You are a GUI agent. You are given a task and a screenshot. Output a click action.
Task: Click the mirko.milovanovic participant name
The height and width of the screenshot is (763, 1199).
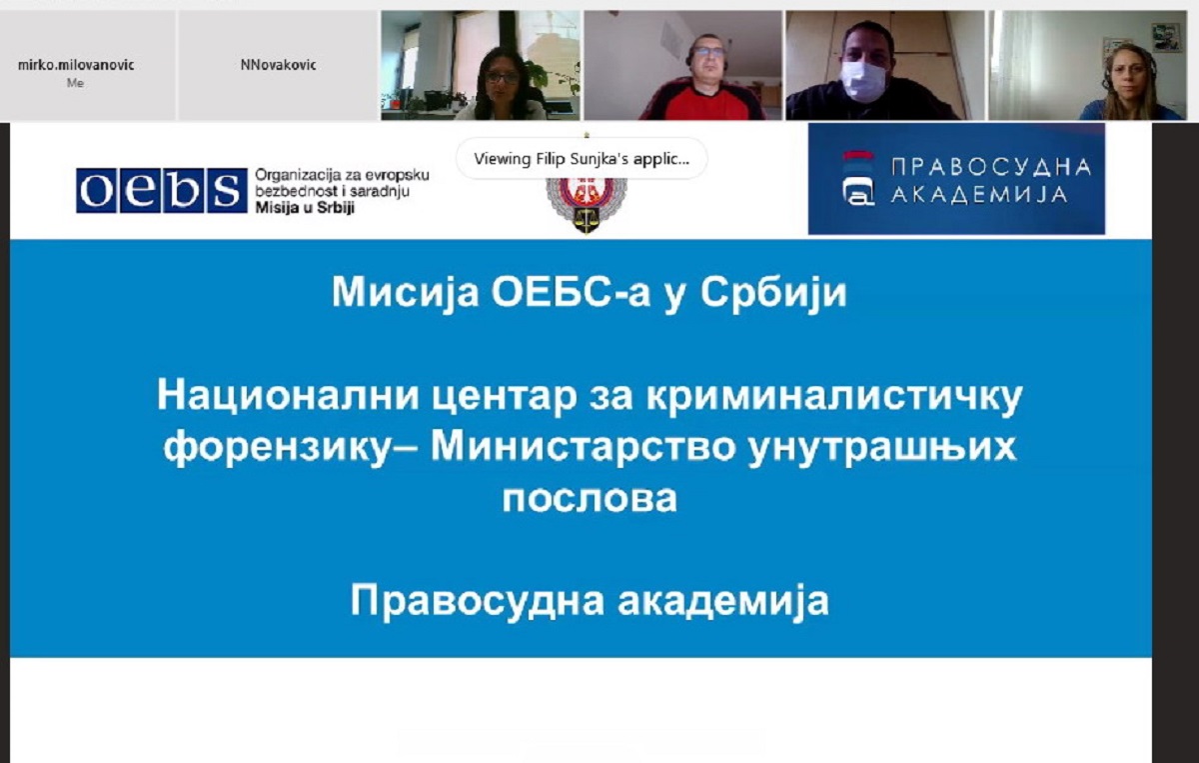[76, 65]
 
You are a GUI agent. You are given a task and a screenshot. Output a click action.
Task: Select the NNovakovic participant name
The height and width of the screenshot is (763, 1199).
[279, 65]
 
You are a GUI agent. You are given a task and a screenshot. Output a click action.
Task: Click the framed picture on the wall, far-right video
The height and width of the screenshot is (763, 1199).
[1166, 38]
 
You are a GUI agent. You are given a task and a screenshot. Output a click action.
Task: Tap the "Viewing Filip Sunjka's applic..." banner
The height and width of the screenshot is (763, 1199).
[582, 159]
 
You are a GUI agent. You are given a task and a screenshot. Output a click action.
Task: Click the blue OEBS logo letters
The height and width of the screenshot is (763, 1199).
[162, 191]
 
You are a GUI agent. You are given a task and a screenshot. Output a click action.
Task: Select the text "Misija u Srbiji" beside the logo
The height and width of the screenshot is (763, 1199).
[305, 208]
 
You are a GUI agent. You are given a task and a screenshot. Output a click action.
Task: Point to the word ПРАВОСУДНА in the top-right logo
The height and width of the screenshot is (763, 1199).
[991, 167]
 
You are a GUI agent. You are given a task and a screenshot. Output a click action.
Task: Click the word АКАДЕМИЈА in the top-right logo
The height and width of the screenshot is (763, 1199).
[979, 195]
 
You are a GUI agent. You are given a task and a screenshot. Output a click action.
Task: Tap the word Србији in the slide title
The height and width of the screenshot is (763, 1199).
[773, 293]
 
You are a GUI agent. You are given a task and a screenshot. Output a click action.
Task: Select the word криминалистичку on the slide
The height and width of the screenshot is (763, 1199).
[834, 397]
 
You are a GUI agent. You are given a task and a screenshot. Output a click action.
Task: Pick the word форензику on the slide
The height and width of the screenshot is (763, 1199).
[278, 448]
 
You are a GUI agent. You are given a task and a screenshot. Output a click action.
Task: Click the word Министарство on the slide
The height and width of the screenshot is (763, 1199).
[583, 446]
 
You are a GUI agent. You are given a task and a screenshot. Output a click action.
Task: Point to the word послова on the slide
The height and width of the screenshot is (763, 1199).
[590, 498]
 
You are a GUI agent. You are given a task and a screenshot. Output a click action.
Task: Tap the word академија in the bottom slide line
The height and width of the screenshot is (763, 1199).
[723, 601]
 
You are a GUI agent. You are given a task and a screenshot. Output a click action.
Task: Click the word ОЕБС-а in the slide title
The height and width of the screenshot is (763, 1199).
[572, 292]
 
